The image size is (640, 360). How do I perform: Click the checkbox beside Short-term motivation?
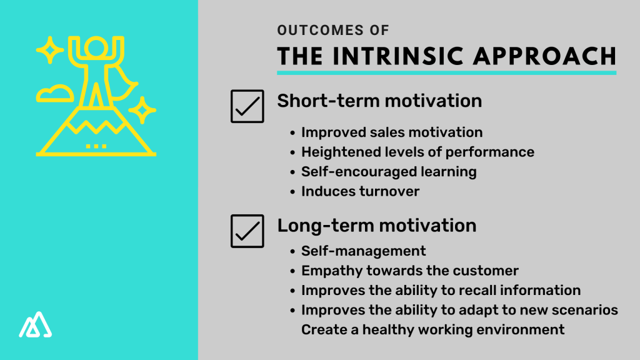click(247, 106)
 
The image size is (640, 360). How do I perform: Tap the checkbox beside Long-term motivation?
click(247, 231)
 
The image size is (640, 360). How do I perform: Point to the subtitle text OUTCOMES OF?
click(333, 30)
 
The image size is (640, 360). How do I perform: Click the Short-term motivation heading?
click(379, 101)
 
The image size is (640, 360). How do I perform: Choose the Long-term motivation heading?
click(376, 225)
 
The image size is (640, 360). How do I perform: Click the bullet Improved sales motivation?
click(392, 132)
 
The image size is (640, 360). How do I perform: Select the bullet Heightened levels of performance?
click(417, 152)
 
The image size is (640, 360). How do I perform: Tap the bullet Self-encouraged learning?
click(389, 171)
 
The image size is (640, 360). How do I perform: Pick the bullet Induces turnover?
click(360, 191)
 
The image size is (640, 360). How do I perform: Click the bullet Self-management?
click(363, 251)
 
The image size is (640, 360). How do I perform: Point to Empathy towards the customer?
click(410, 271)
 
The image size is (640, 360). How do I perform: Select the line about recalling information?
click(441, 290)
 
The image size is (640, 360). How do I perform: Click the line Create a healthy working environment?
click(432, 329)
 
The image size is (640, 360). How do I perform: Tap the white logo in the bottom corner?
click(36, 324)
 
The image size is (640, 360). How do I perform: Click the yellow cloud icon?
click(54, 94)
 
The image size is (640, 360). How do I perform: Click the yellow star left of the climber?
click(49, 50)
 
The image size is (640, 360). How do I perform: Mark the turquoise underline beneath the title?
click(446, 73)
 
